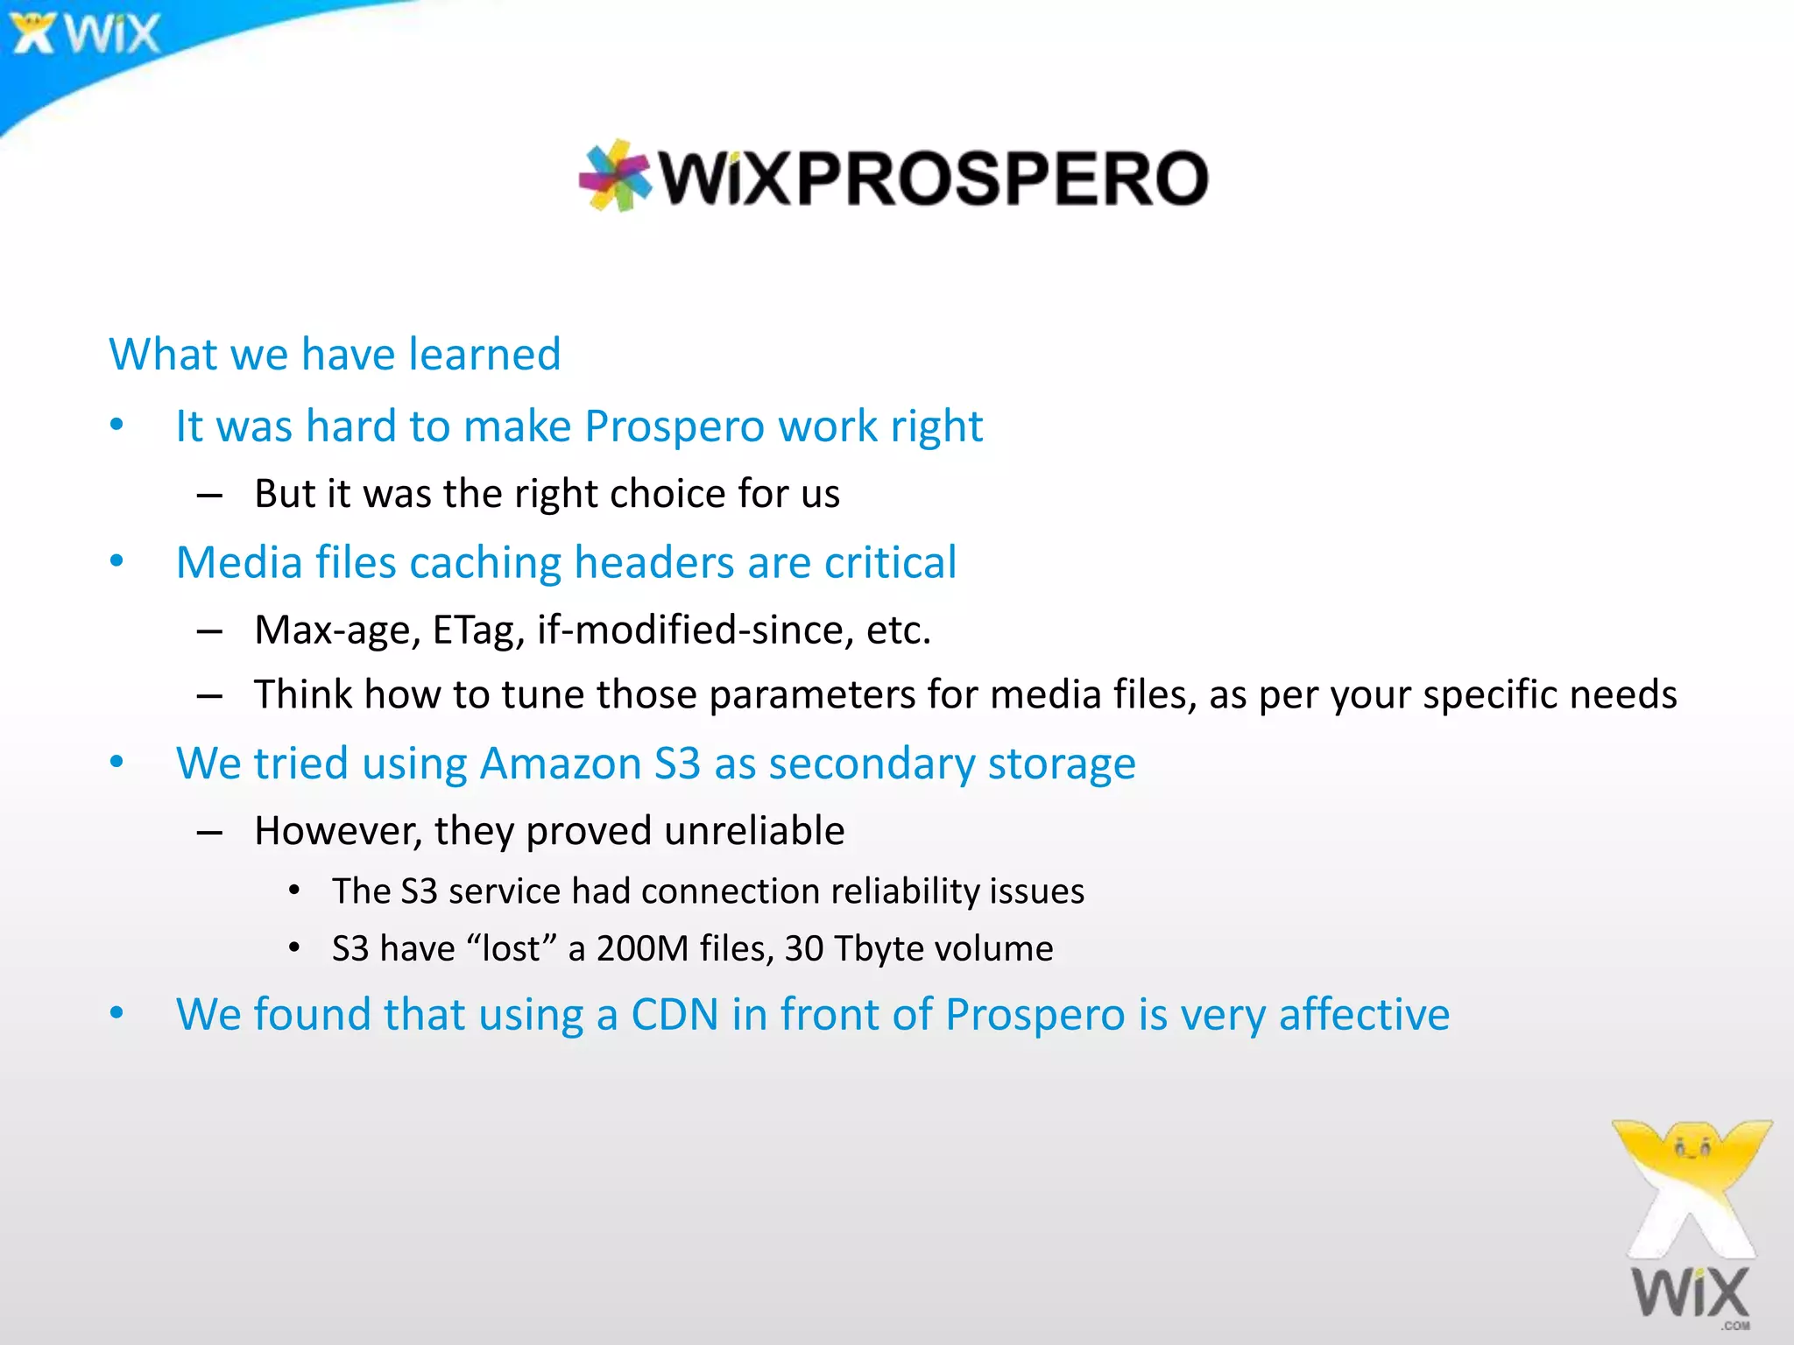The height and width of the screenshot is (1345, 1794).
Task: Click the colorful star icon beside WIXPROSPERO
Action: [x=616, y=175]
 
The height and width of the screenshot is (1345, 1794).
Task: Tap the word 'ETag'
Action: [x=478, y=630]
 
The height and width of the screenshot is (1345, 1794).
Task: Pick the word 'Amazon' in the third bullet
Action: [x=561, y=764]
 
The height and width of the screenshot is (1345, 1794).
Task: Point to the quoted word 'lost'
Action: [x=512, y=949]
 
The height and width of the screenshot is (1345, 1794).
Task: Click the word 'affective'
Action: [x=1364, y=1015]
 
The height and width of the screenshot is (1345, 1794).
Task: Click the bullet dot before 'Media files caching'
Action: [x=117, y=561]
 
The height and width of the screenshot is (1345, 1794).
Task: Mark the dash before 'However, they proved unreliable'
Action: [x=209, y=832]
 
